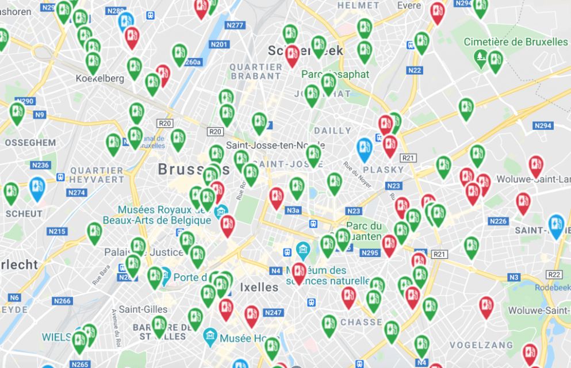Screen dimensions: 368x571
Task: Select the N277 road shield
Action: (x=235, y=25)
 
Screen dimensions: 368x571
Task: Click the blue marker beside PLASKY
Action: (x=365, y=149)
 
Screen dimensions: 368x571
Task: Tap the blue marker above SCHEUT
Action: (x=37, y=189)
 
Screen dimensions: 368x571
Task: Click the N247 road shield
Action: (x=274, y=313)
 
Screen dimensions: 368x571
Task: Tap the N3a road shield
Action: (x=293, y=210)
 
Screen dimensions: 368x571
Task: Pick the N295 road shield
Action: (x=370, y=252)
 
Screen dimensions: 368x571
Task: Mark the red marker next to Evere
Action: (x=438, y=12)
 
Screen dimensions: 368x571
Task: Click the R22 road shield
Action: (x=554, y=274)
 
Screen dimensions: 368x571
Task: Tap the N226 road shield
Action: (x=499, y=221)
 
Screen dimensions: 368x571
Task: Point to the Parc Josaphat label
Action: (x=335, y=75)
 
